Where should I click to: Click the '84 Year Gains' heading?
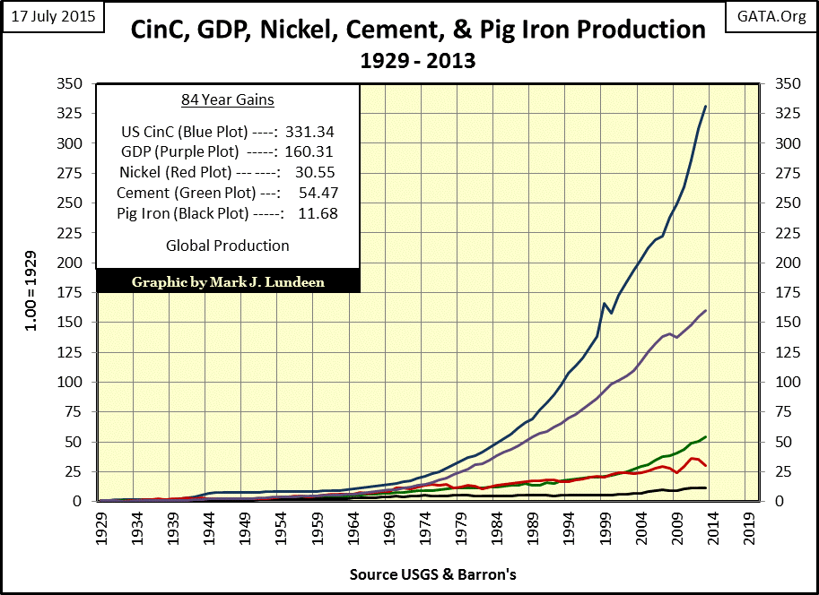[227, 99]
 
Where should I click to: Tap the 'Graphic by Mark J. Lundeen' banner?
[228, 280]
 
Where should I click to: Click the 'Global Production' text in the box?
[228, 246]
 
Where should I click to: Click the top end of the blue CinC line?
[705, 107]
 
